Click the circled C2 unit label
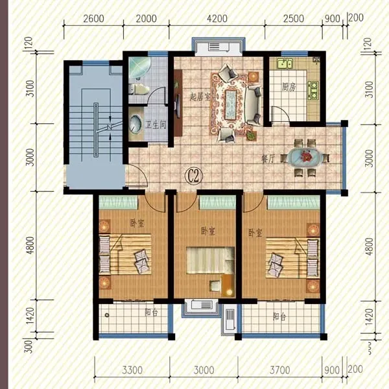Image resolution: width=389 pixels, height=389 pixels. coord(194,176)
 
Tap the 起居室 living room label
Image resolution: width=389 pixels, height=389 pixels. coord(200,97)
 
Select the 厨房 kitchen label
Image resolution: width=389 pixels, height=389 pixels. coord(289,87)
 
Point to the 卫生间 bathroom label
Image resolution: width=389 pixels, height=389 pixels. coord(156,124)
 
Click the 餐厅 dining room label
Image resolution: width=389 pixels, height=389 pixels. coord(268,159)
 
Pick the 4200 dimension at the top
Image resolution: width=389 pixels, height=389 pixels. coord(217,19)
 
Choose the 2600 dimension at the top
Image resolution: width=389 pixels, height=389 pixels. coord(93,19)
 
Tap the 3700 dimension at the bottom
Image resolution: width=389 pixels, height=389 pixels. coord(280,370)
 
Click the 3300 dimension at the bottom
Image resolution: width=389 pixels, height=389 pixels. coord(132,370)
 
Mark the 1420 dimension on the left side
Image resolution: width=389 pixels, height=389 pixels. coord(30,316)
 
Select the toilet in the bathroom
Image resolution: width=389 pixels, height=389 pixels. coord(139,89)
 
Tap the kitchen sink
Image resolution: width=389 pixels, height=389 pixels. coord(285,64)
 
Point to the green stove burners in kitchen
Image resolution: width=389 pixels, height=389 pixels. coord(313,90)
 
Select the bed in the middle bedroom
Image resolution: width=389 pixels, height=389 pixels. coord(210,261)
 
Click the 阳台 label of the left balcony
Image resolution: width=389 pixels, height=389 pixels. coord(151,312)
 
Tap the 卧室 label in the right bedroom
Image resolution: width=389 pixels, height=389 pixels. coord(255,233)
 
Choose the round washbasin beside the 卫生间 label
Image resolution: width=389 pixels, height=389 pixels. coord(136,124)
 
